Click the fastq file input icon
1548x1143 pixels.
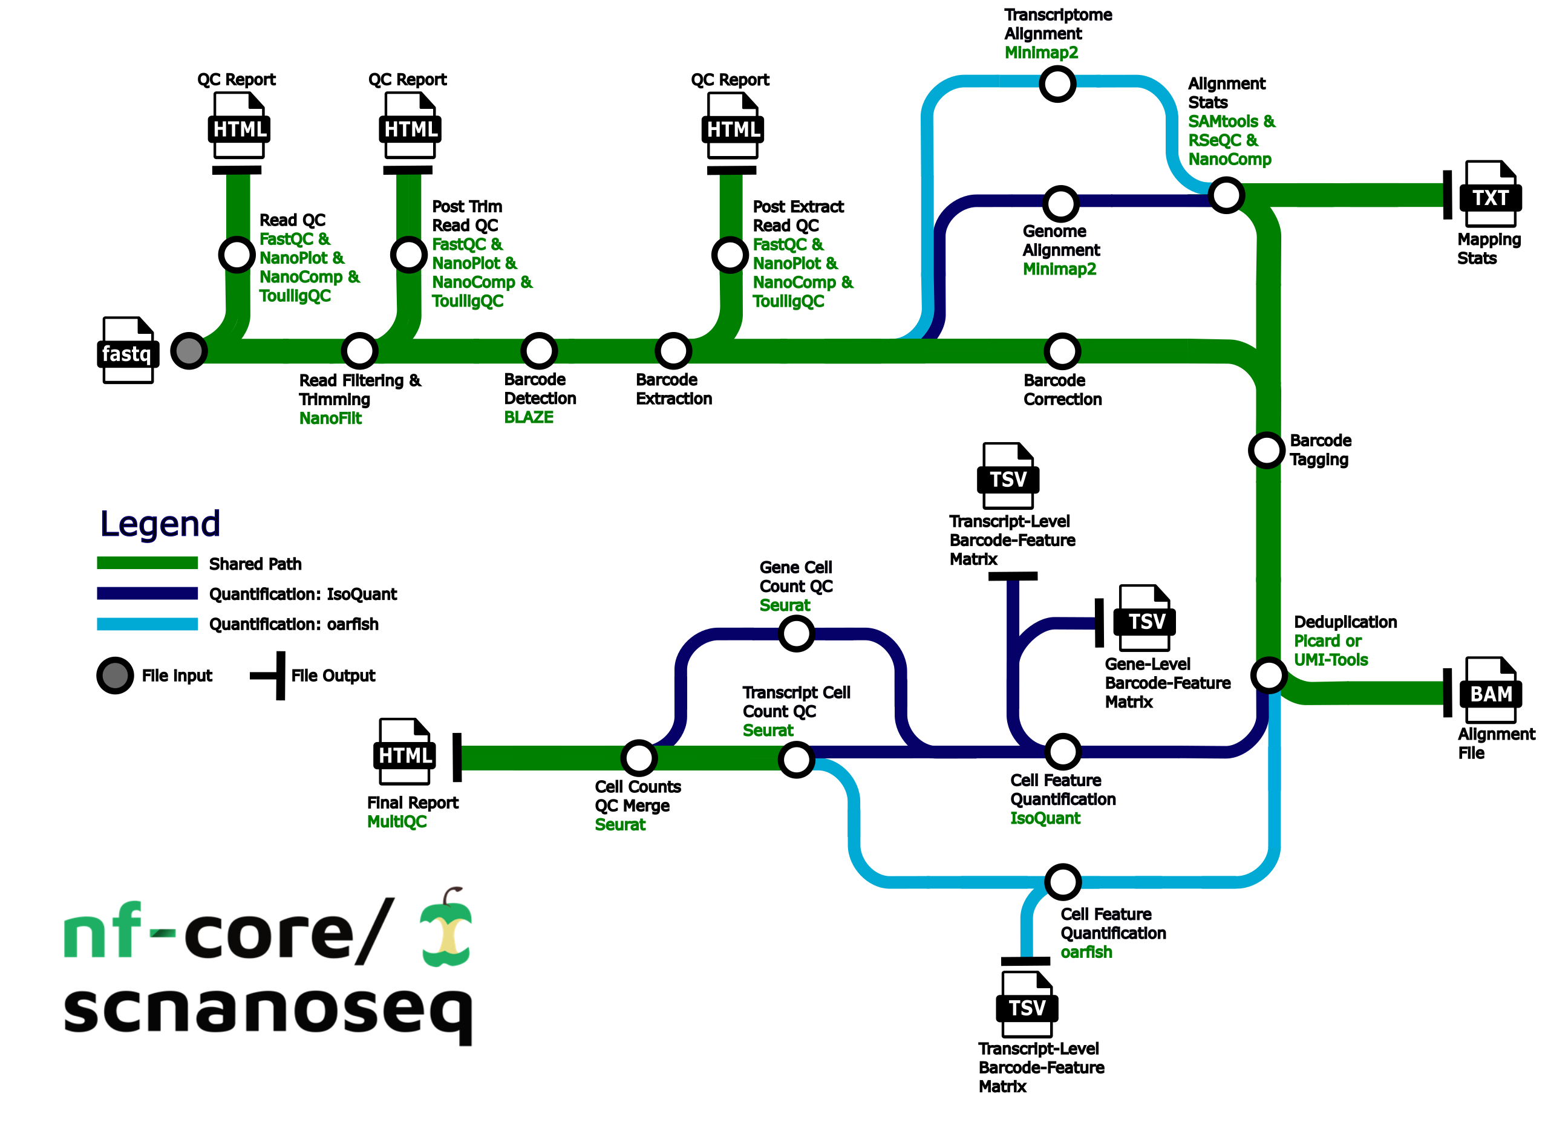[127, 351]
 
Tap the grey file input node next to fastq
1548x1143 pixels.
[189, 351]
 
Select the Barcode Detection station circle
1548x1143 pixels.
[539, 351]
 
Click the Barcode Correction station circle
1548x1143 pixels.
[1062, 351]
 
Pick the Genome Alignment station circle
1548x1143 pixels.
[1061, 203]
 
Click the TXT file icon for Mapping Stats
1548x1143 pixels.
[1490, 195]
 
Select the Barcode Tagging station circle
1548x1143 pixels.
[1266, 451]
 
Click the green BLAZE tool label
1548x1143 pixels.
[529, 418]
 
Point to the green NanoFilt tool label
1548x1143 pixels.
[330, 418]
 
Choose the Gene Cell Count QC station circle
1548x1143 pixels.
[797, 633]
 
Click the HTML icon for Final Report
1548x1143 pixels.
[405, 752]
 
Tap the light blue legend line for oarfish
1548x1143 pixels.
[148, 624]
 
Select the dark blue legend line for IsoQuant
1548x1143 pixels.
[148, 594]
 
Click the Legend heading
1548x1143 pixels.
[160, 524]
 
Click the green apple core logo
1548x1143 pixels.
[447, 928]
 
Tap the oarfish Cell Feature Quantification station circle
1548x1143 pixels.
[1063, 882]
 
